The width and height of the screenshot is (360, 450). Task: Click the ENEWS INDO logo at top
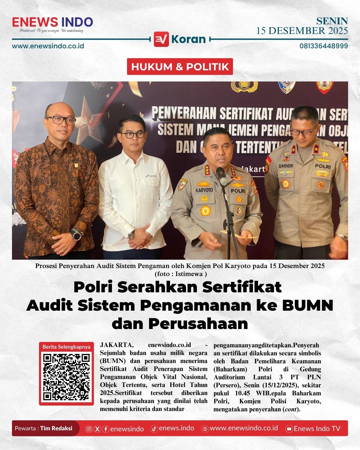[52, 23]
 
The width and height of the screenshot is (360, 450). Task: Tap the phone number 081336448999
[323, 46]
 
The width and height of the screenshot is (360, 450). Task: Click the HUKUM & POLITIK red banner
[180, 67]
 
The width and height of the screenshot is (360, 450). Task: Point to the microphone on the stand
[221, 174]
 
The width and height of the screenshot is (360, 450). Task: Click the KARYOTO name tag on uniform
[204, 190]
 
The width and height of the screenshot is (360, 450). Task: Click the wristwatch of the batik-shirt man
[77, 235]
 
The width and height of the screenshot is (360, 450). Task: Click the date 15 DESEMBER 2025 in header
[302, 31]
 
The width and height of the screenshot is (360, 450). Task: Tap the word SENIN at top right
[332, 21]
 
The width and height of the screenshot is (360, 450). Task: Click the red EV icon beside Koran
[161, 39]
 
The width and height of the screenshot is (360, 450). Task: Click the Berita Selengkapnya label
[66, 347]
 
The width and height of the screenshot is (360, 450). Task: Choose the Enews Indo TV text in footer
[317, 429]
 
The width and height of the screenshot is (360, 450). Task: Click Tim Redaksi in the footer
[56, 428]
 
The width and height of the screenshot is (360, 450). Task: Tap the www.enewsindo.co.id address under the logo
[48, 46]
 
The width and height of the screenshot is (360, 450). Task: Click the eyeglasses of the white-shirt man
[133, 135]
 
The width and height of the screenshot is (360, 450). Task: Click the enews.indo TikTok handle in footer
[176, 428]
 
